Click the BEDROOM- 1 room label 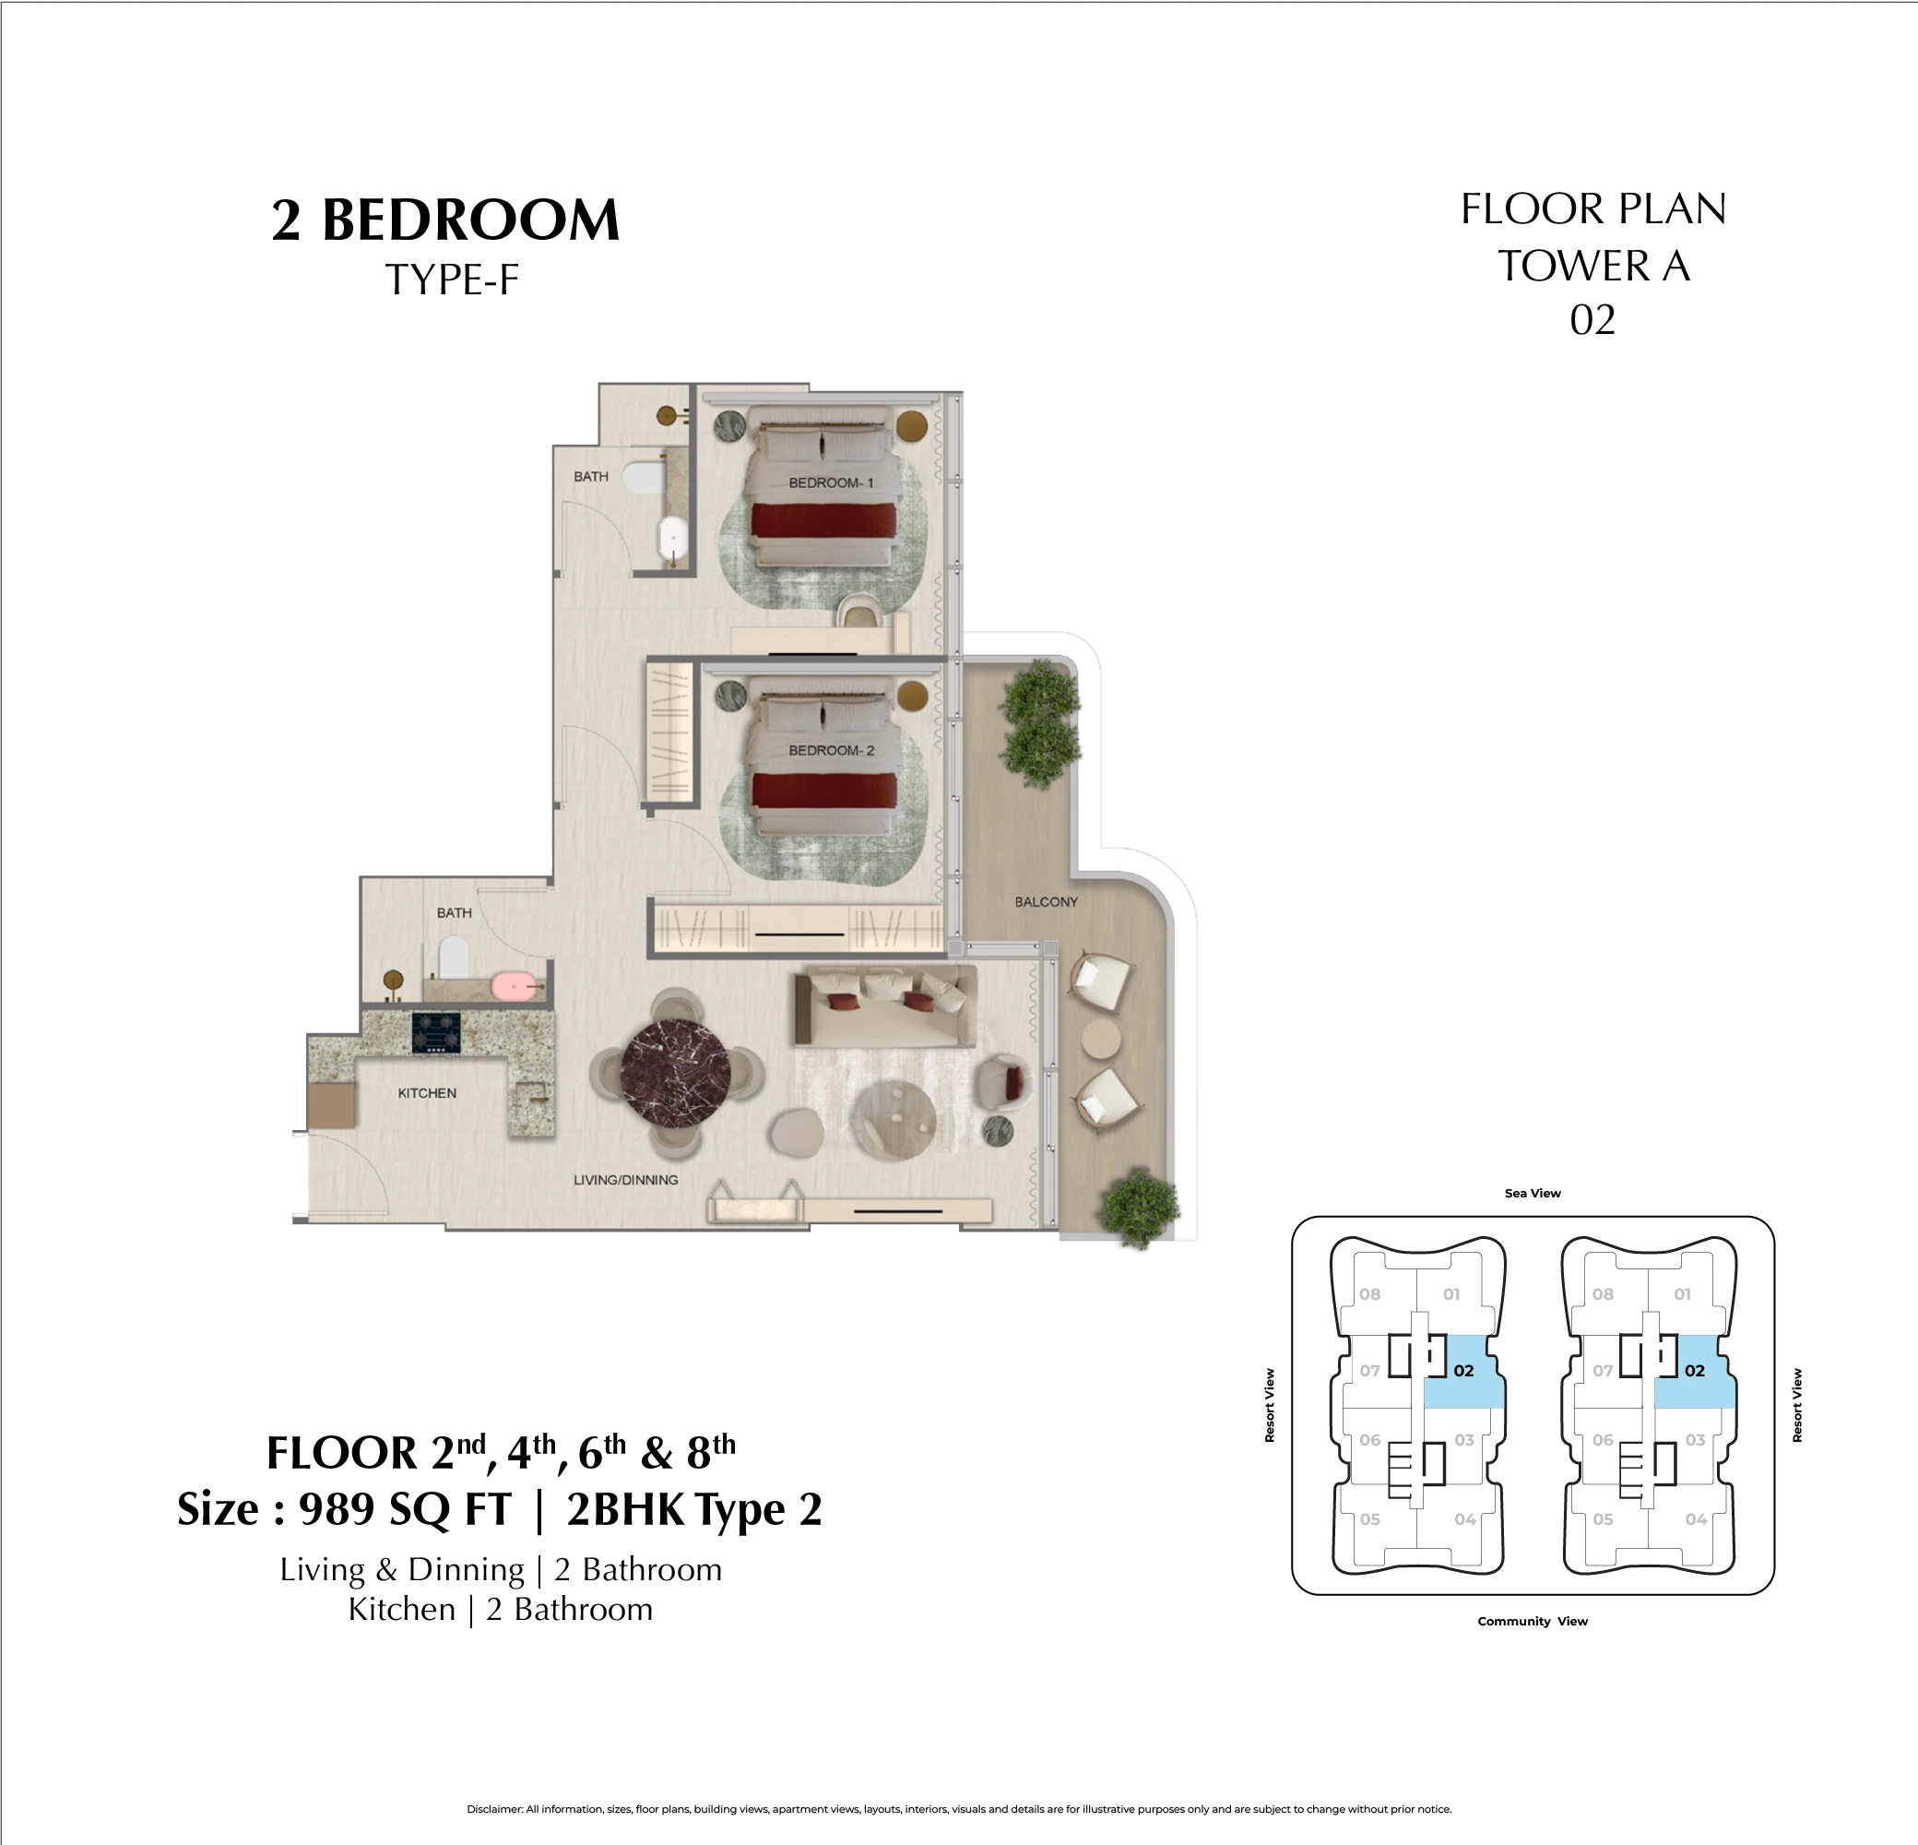tap(831, 482)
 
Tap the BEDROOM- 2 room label tap(831, 750)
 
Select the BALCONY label tap(1045, 901)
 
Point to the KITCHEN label tap(427, 1092)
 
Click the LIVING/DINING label tap(625, 1180)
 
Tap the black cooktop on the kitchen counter tap(436, 1033)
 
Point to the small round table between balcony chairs tap(1101, 1040)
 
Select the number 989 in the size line tap(337, 1508)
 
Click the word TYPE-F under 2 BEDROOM tap(451, 280)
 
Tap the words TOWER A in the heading tap(1593, 266)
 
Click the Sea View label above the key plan tap(1533, 1193)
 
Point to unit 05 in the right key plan tap(1603, 1519)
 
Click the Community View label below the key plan tap(1533, 1622)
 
